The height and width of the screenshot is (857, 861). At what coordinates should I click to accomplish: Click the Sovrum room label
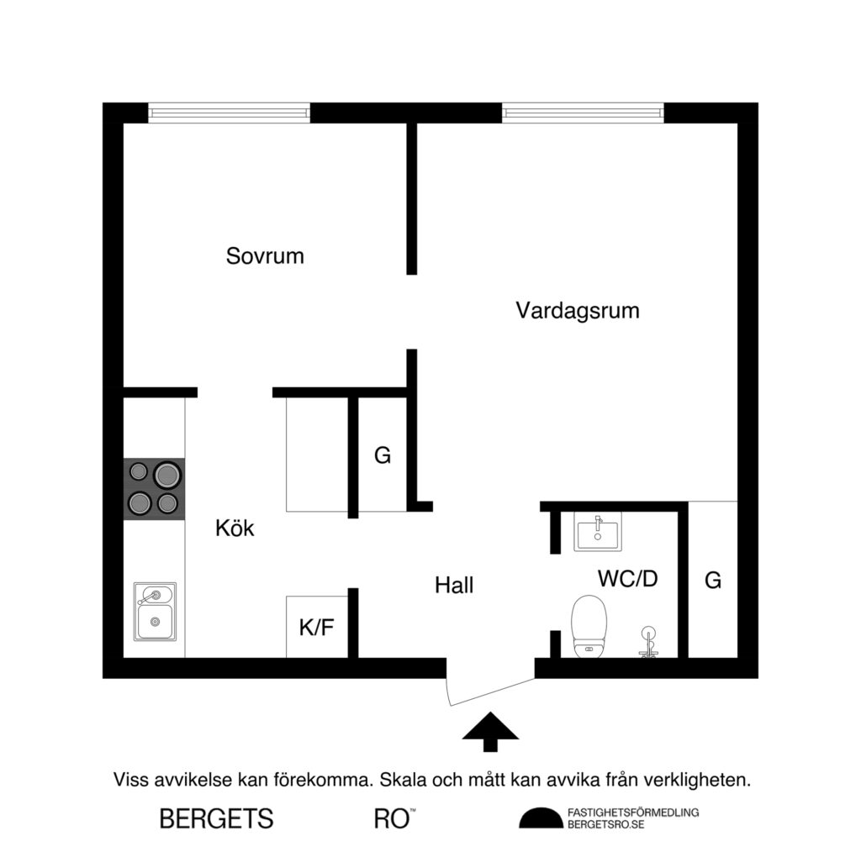point(265,256)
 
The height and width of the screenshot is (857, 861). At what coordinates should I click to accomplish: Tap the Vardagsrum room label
point(578,311)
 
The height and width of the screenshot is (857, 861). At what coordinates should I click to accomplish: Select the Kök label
point(235,528)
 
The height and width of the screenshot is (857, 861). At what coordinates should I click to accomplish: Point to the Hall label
point(454,585)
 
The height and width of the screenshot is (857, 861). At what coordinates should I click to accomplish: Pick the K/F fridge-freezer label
point(316,628)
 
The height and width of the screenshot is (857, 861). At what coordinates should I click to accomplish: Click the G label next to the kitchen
point(383,456)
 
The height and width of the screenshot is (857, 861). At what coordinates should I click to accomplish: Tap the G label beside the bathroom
point(713,580)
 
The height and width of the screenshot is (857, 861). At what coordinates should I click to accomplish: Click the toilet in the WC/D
point(589,625)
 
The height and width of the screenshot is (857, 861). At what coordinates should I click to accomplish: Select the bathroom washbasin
point(598,532)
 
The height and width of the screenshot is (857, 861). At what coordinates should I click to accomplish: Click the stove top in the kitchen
point(155,489)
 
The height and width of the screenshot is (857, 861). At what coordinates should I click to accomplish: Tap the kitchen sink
point(156,611)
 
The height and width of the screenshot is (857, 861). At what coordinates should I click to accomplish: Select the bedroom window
point(229,113)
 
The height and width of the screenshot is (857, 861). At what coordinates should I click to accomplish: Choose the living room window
point(583,113)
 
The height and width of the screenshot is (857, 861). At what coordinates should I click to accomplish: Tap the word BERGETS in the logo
point(216,818)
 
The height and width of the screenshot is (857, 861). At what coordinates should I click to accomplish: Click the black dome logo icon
point(541,818)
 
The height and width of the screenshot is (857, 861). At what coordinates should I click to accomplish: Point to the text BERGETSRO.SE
point(606,824)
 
